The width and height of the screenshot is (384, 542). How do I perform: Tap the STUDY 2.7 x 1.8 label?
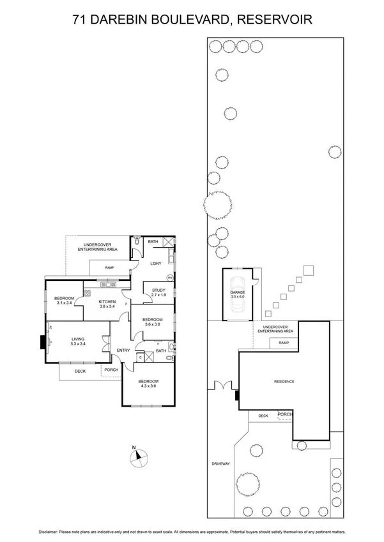pos(158,292)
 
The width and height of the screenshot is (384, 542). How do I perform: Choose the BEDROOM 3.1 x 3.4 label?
pos(65,300)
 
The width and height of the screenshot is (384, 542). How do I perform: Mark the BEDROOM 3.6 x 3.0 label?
pos(153,321)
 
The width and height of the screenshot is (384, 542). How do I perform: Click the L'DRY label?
pos(155,264)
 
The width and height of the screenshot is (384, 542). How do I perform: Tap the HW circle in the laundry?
pos(169,278)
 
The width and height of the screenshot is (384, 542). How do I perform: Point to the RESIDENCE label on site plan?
pos(284,382)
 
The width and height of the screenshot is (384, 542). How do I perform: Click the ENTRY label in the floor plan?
pos(123,350)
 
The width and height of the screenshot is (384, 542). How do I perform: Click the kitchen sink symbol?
pos(105,283)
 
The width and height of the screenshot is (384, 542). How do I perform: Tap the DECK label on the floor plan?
pos(80,370)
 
